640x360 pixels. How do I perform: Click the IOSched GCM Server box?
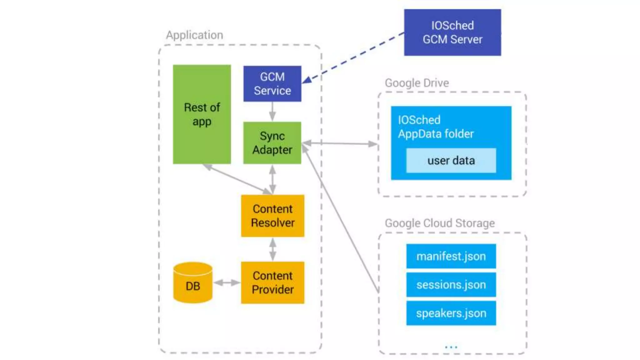pyautogui.click(x=452, y=32)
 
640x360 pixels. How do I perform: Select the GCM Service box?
pyautogui.click(x=272, y=84)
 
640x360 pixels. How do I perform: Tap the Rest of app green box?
pyautogui.click(x=202, y=114)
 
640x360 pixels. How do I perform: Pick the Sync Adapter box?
pyautogui.click(x=272, y=143)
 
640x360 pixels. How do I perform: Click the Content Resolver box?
pyautogui.click(x=272, y=216)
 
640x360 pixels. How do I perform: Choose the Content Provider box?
pyautogui.click(x=272, y=282)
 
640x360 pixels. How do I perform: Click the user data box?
pyautogui.click(x=451, y=161)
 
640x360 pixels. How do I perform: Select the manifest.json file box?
pyautogui.click(x=451, y=256)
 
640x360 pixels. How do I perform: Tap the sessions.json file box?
pyautogui.click(x=451, y=285)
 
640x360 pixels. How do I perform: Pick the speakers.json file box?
pyautogui.click(x=451, y=313)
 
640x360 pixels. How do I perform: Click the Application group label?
pyautogui.click(x=195, y=35)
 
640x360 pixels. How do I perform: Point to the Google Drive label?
pyautogui.click(x=417, y=83)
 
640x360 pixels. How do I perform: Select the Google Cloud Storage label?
pyautogui.click(x=440, y=223)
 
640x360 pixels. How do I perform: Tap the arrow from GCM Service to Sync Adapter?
pyautogui.click(x=272, y=112)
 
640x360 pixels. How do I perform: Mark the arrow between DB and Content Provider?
pyautogui.click(x=227, y=283)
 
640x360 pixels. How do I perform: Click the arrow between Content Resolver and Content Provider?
pyautogui.click(x=272, y=249)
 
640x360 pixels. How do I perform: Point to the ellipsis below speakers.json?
pyautogui.click(x=451, y=347)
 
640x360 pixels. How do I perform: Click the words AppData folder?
pyautogui.click(x=436, y=134)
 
